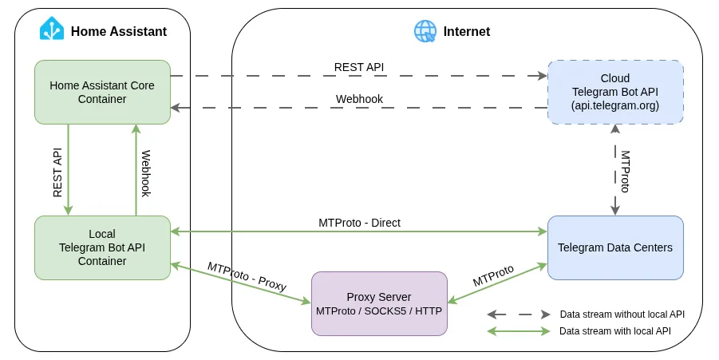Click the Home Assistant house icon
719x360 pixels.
(x=52, y=30)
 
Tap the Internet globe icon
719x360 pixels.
(x=425, y=31)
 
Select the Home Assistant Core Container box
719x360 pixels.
(x=102, y=92)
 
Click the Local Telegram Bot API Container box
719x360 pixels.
(x=102, y=247)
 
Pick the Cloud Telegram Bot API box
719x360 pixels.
(x=615, y=92)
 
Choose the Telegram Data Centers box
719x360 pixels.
(x=615, y=247)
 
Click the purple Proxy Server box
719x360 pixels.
(x=379, y=303)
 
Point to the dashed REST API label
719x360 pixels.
(x=358, y=67)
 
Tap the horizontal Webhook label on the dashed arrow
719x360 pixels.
(x=359, y=99)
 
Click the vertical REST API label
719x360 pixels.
(x=57, y=172)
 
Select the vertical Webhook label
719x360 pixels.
(x=146, y=173)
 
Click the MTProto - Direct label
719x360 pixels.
(x=359, y=223)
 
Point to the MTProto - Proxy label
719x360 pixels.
(x=247, y=275)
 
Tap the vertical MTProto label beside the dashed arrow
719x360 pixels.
(x=626, y=171)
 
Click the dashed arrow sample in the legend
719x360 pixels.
(x=519, y=315)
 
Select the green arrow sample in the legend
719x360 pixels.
(x=519, y=330)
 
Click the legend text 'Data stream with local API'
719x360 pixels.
(x=614, y=330)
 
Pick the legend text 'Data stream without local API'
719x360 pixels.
(x=622, y=315)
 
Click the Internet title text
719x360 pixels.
(x=467, y=31)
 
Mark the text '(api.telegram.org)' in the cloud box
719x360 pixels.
(x=615, y=105)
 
